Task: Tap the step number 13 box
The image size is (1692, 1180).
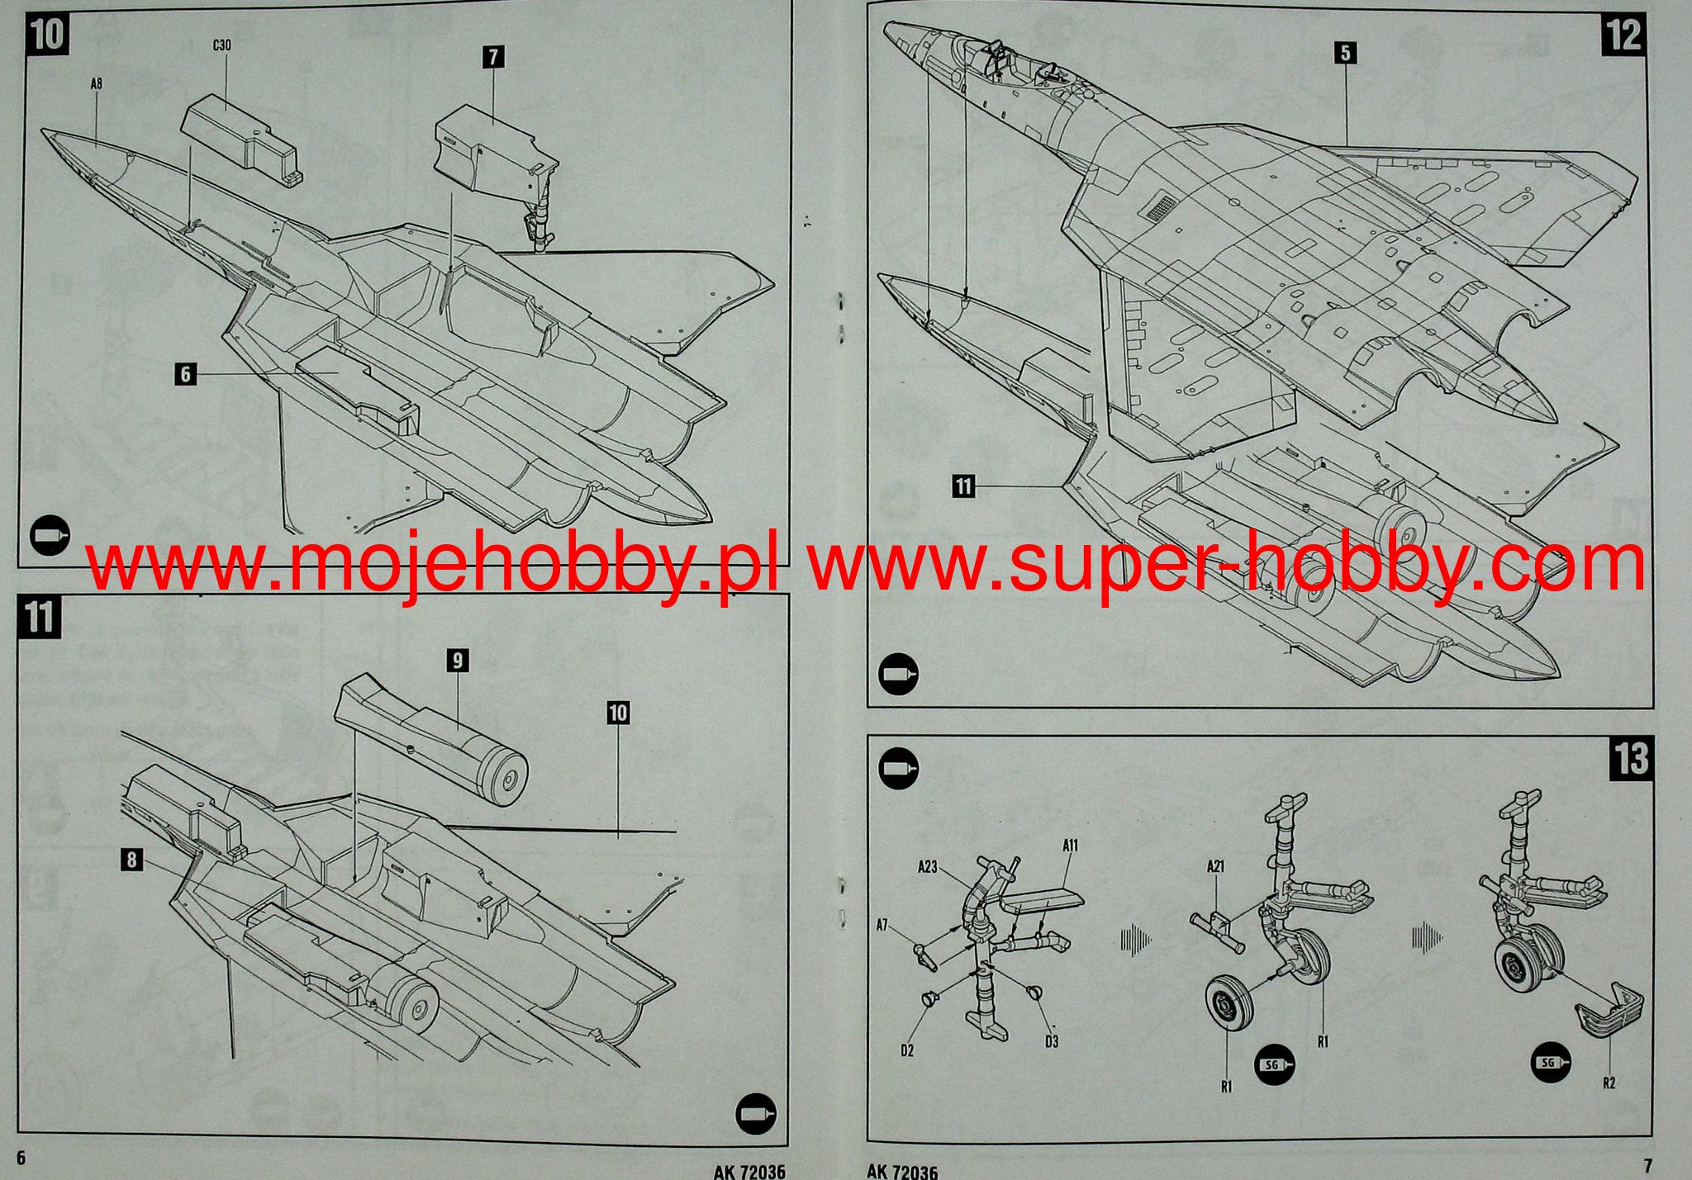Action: coord(1631,758)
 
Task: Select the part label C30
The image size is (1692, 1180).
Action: coord(221,46)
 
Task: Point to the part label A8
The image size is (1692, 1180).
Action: coord(97,83)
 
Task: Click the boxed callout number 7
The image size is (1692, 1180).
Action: coord(493,57)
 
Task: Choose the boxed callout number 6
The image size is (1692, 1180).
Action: coord(186,374)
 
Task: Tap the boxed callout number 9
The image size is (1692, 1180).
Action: coord(457,660)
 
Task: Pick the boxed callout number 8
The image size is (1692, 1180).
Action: coord(131,860)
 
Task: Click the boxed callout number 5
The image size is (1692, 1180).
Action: coord(1345,54)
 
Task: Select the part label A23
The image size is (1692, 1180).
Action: coord(927,867)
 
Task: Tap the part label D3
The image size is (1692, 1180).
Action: coord(1051,1042)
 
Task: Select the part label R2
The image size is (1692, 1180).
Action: coord(1609,1083)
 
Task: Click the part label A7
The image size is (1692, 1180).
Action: coord(882,926)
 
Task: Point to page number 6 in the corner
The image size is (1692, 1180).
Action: coord(21,1158)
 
